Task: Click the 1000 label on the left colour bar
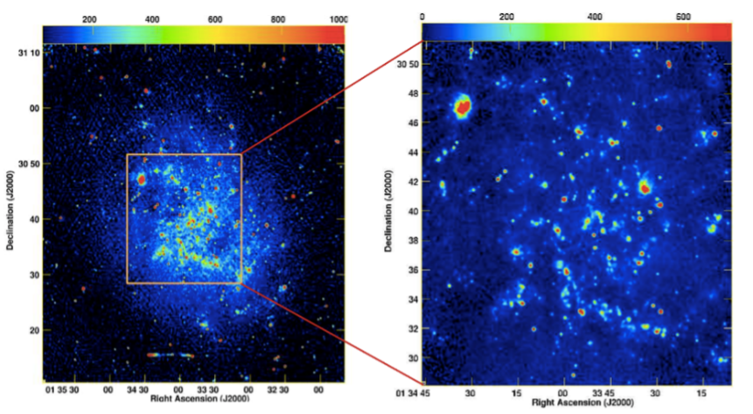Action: point(338,18)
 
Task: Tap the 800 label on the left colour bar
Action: point(278,18)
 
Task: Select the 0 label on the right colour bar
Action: point(422,17)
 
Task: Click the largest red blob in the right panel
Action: point(463,108)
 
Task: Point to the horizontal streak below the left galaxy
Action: point(171,355)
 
